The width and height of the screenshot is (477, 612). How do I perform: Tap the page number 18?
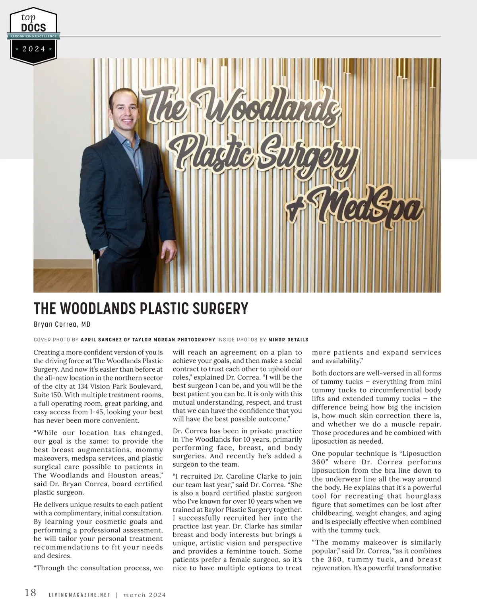pos(30,593)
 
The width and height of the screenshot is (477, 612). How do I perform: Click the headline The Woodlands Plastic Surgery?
pos(141,309)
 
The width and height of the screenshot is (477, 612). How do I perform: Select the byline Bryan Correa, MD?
pos(62,324)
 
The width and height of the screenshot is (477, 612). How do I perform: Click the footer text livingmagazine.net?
pos(79,595)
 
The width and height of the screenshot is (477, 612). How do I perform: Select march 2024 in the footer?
pos(144,595)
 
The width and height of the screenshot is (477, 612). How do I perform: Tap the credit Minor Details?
pos(288,340)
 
